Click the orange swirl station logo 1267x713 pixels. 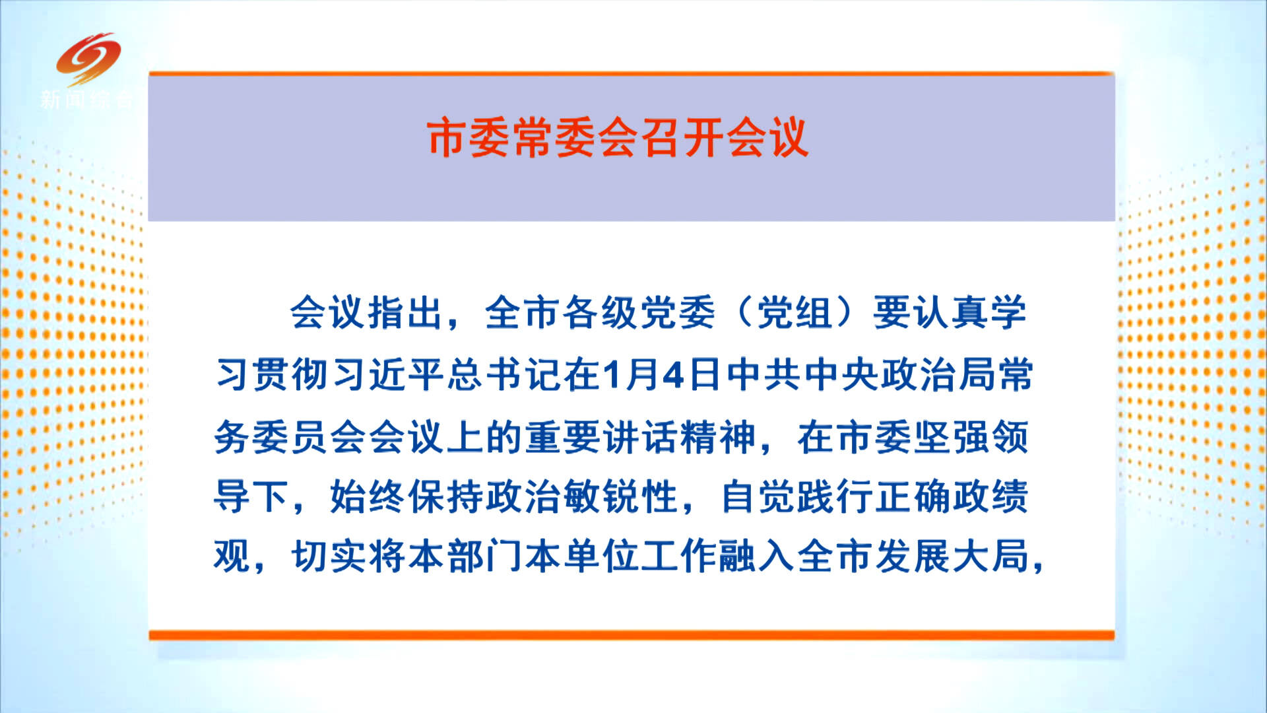point(88,59)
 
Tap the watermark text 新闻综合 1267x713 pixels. point(86,100)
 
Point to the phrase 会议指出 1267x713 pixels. point(366,312)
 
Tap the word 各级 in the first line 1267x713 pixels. point(599,312)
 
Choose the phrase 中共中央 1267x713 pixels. point(802,375)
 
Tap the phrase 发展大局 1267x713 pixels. point(951,556)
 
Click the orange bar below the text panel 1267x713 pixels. point(632,635)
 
